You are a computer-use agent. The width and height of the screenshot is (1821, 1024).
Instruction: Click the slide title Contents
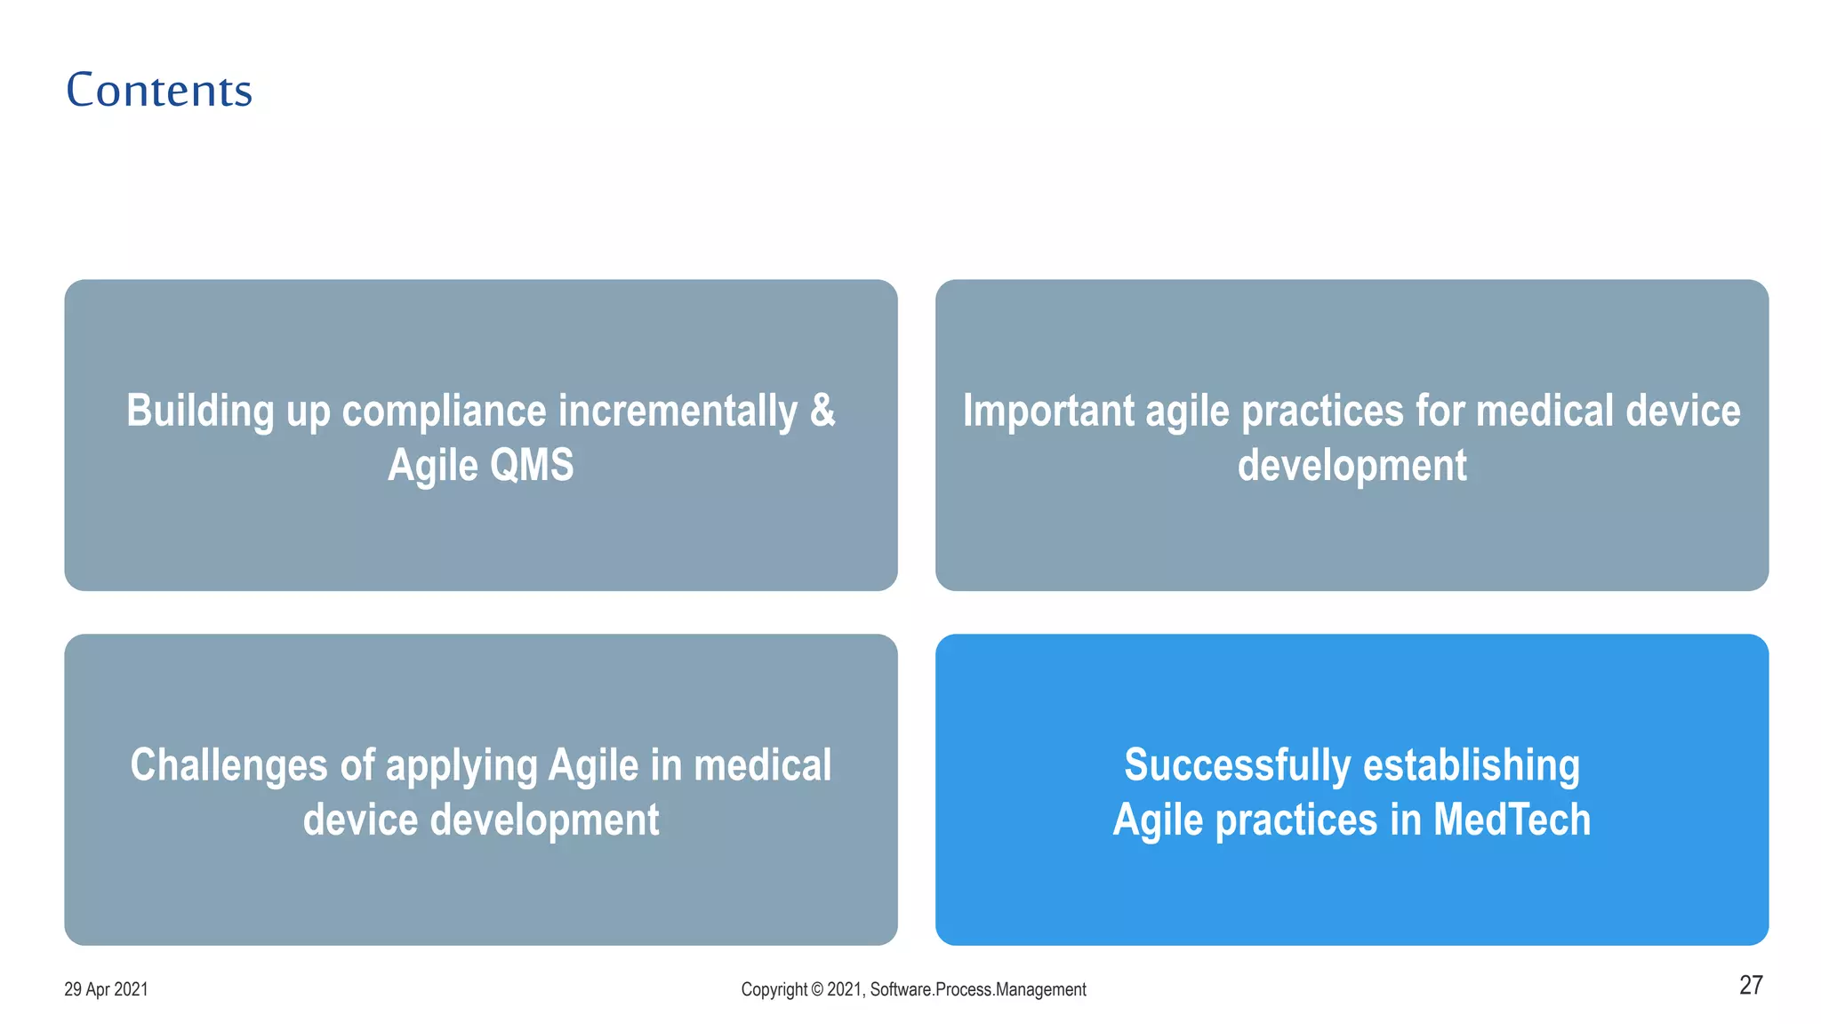coord(159,90)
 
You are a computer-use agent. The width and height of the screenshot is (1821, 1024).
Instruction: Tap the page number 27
coord(1750,985)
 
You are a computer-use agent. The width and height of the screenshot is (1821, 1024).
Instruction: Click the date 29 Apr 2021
coord(106,989)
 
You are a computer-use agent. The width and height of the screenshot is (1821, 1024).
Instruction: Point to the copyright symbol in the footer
coord(815,989)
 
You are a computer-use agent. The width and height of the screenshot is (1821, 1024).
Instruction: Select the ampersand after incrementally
coord(822,411)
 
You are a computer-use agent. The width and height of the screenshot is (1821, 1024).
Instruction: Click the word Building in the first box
coord(200,411)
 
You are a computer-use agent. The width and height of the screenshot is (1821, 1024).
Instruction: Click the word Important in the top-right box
coord(1048,411)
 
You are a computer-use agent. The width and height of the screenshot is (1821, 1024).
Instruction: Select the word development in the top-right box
coord(1352,465)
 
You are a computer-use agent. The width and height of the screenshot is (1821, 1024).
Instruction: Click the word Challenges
coord(229,764)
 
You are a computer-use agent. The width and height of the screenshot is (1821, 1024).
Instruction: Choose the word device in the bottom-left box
coord(360,819)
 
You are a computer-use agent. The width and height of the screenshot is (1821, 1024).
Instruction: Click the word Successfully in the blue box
coord(1237,764)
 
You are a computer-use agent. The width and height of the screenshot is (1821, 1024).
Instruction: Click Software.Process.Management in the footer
coord(977,989)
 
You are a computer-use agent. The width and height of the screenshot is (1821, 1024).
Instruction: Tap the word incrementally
coord(678,411)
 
